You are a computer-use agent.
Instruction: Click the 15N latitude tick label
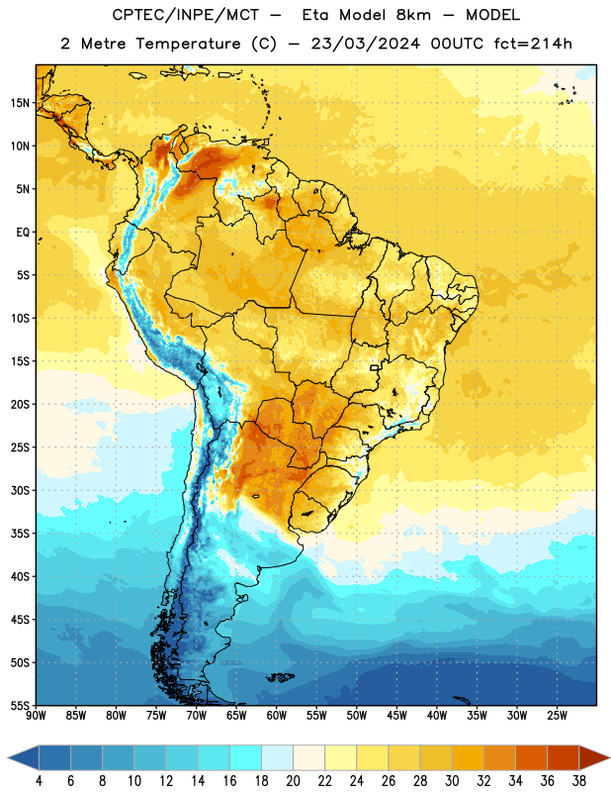pyautogui.click(x=20, y=103)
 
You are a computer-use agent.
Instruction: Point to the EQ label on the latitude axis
pyautogui.click(x=23, y=233)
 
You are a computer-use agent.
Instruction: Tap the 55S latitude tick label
pyautogui.click(x=20, y=705)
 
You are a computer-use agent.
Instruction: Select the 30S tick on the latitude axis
pyautogui.click(x=20, y=490)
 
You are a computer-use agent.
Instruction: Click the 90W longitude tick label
pyautogui.click(x=36, y=716)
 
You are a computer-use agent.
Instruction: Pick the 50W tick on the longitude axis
pyautogui.click(x=356, y=716)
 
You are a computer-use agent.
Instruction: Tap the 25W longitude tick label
pyautogui.click(x=557, y=716)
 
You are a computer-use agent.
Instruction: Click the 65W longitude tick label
pyautogui.click(x=236, y=716)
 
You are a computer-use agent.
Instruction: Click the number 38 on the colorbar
pyautogui.click(x=578, y=781)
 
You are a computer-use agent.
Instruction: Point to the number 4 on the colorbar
pyautogui.click(x=39, y=781)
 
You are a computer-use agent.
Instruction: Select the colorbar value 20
pyautogui.click(x=293, y=781)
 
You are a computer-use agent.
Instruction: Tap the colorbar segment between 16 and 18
pyautogui.click(x=245, y=758)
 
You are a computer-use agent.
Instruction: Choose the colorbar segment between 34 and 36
pyautogui.click(x=531, y=758)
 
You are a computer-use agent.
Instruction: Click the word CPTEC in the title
pyautogui.click(x=133, y=15)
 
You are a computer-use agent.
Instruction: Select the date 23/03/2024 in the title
pyautogui.click(x=365, y=44)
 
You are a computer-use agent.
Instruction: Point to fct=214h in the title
pyautogui.click(x=533, y=44)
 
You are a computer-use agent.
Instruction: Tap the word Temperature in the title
pyautogui.click(x=188, y=44)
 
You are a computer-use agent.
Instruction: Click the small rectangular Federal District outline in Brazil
pyautogui.click(x=375, y=367)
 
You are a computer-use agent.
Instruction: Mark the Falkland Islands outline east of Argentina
pyautogui.click(x=279, y=677)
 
